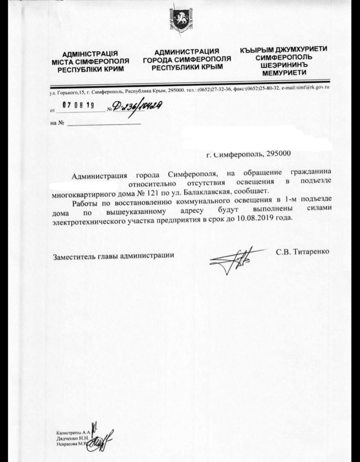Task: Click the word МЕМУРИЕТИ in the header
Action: [283, 73]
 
